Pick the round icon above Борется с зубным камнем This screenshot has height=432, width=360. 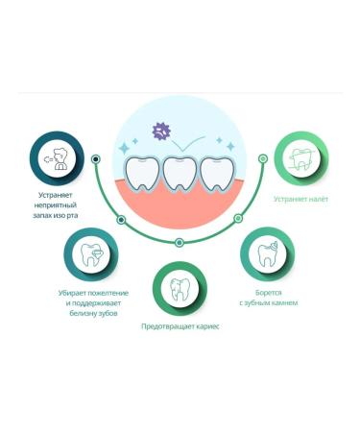click(x=268, y=253)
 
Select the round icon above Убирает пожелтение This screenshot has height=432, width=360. click(x=92, y=253)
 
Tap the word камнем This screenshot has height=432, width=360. click(x=285, y=303)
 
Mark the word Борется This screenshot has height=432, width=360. click(x=268, y=292)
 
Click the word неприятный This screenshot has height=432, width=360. click(x=57, y=205)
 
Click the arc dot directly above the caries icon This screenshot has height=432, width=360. click(x=180, y=243)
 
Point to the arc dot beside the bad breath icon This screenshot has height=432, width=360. click(x=96, y=158)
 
